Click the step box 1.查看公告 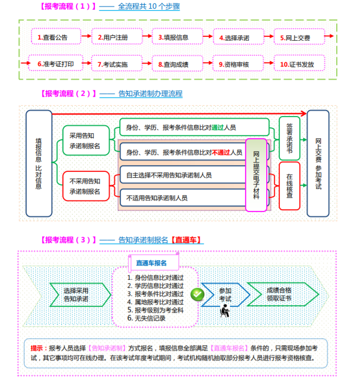pyautogui.click(x=53, y=37)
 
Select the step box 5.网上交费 pyautogui.click(x=295, y=37)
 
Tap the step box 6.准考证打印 pyautogui.click(x=55, y=63)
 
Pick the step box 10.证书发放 pyautogui.click(x=297, y=63)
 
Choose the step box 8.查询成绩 pyautogui.click(x=173, y=63)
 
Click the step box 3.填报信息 pyautogui.click(x=173, y=37)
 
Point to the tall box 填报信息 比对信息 pyautogui.click(x=38, y=163)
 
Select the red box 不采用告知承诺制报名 pyautogui.click(x=85, y=186)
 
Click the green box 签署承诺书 pyautogui.click(x=289, y=138)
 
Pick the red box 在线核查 pyautogui.click(x=289, y=186)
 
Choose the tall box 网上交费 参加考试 pyautogui.click(x=318, y=163)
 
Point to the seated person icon pyautogui.click(x=224, y=311)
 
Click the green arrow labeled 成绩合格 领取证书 pyautogui.click(x=279, y=294)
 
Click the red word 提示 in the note pyautogui.click(x=37, y=348)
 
